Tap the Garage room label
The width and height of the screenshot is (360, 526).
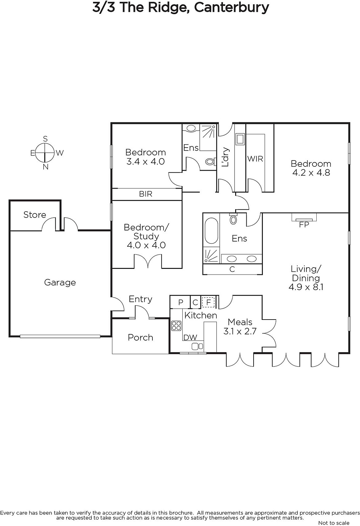click(60, 282)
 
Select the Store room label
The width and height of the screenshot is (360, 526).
click(35, 215)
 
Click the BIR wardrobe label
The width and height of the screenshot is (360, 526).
click(146, 194)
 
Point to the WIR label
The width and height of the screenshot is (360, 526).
click(255, 159)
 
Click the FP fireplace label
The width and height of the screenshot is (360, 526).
click(304, 225)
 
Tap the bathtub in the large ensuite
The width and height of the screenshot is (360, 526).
click(212, 230)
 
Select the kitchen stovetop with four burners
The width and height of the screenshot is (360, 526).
click(176, 326)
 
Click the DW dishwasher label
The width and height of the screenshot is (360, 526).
click(190, 337)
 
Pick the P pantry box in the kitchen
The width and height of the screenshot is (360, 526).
click(180, 302)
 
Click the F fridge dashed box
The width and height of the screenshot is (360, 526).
click(208, 302)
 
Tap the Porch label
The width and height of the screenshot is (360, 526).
click(140, 337)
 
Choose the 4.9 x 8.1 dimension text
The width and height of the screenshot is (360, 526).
click(306, 287)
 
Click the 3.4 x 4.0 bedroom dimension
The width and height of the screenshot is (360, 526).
click(146, 161)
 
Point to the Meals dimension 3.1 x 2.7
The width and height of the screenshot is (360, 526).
click(240, 331)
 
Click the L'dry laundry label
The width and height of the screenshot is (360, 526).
click(225, 157)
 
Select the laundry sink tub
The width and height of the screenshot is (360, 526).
click(240, 139)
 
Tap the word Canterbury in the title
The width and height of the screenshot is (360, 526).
click(231, 8)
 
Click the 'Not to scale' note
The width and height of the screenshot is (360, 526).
click(334, 523)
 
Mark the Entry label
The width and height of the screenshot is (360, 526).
click(140, 299)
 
